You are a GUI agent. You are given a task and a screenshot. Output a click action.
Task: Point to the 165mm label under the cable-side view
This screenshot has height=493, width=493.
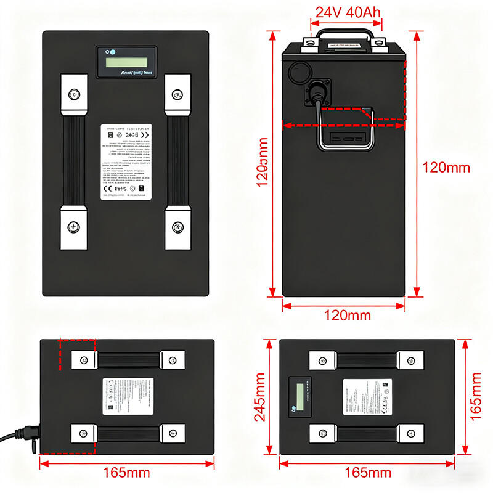pos(126,473)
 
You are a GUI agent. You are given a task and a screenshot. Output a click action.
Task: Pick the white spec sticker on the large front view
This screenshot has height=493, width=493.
pos(126,161)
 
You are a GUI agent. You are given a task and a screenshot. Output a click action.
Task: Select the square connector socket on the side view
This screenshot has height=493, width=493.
pos(318,92)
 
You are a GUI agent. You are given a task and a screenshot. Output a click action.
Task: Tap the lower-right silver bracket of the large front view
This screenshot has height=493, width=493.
pos(177,227)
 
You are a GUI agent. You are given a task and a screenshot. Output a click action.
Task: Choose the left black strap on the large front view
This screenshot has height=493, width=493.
pos(73,161)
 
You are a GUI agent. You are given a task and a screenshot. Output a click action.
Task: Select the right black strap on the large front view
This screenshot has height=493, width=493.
pos(177,161)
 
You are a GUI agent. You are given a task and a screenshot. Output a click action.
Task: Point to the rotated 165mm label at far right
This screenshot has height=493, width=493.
pos(477,397)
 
